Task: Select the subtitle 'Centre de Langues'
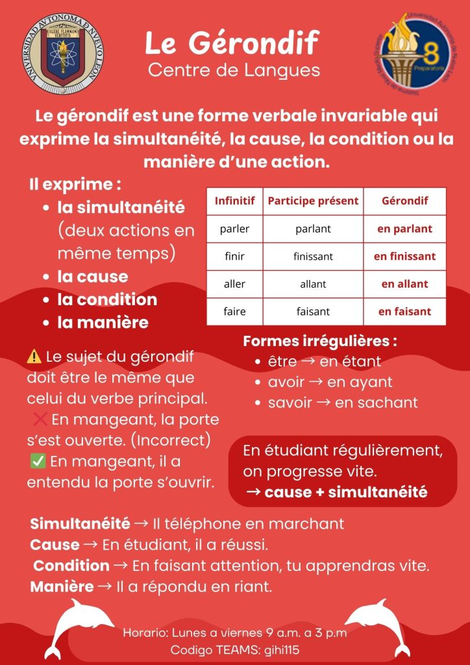(234, 69)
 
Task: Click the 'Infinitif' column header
(234, 201)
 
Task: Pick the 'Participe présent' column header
(313, 201)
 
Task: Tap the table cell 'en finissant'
(404, 256)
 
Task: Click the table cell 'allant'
(313, 284)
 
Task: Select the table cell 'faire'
(234, 311)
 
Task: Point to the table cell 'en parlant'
(404, 229)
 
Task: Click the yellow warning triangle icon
(34, 356)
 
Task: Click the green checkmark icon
(38, 462)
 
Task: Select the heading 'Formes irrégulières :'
(320, 341)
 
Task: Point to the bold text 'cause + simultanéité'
(345, 492)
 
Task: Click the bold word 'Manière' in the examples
(62, 587)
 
